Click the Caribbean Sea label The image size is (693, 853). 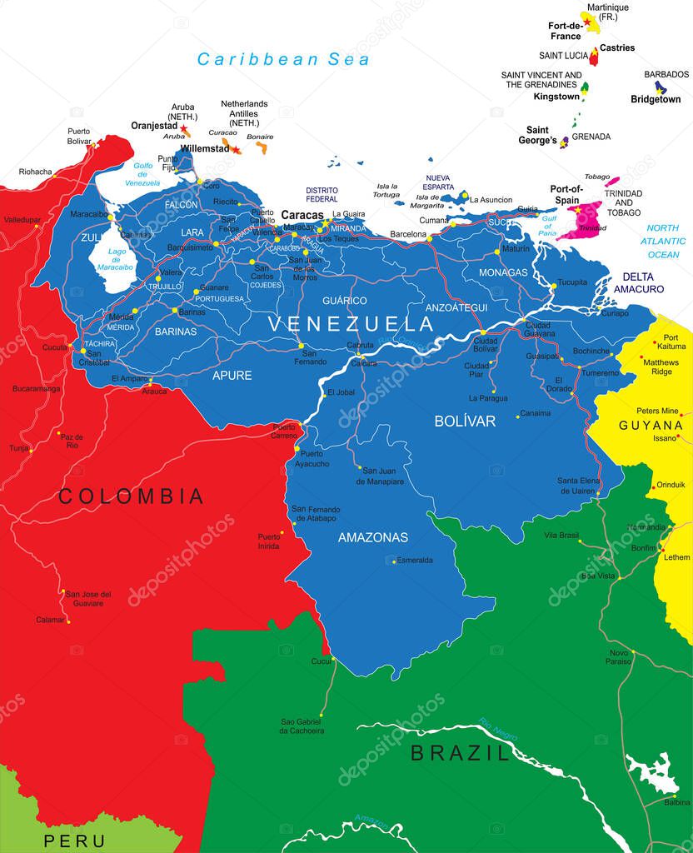(x=283, y=59)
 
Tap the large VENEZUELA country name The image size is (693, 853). (x=350, y=323)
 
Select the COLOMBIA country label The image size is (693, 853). (x=131, y=497)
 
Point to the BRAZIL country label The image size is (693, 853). (x=459, y=755)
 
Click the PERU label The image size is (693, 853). (x=75, y=841)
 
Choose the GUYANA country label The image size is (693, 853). (x=651, y=425)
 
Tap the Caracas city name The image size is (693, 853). (x=302, y=215)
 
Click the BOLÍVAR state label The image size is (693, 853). (x=465, y=422)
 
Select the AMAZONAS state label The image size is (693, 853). (x=372, y=537)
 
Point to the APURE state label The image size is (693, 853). (x=232, y=376)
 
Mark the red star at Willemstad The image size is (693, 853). (x=236, y=150)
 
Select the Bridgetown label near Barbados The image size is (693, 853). (x=656, y=99)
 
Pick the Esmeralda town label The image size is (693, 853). (x=414, y=561)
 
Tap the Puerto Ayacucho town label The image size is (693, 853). (x=314, y=458)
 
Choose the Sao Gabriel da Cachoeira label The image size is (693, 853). (x=302, y=726)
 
